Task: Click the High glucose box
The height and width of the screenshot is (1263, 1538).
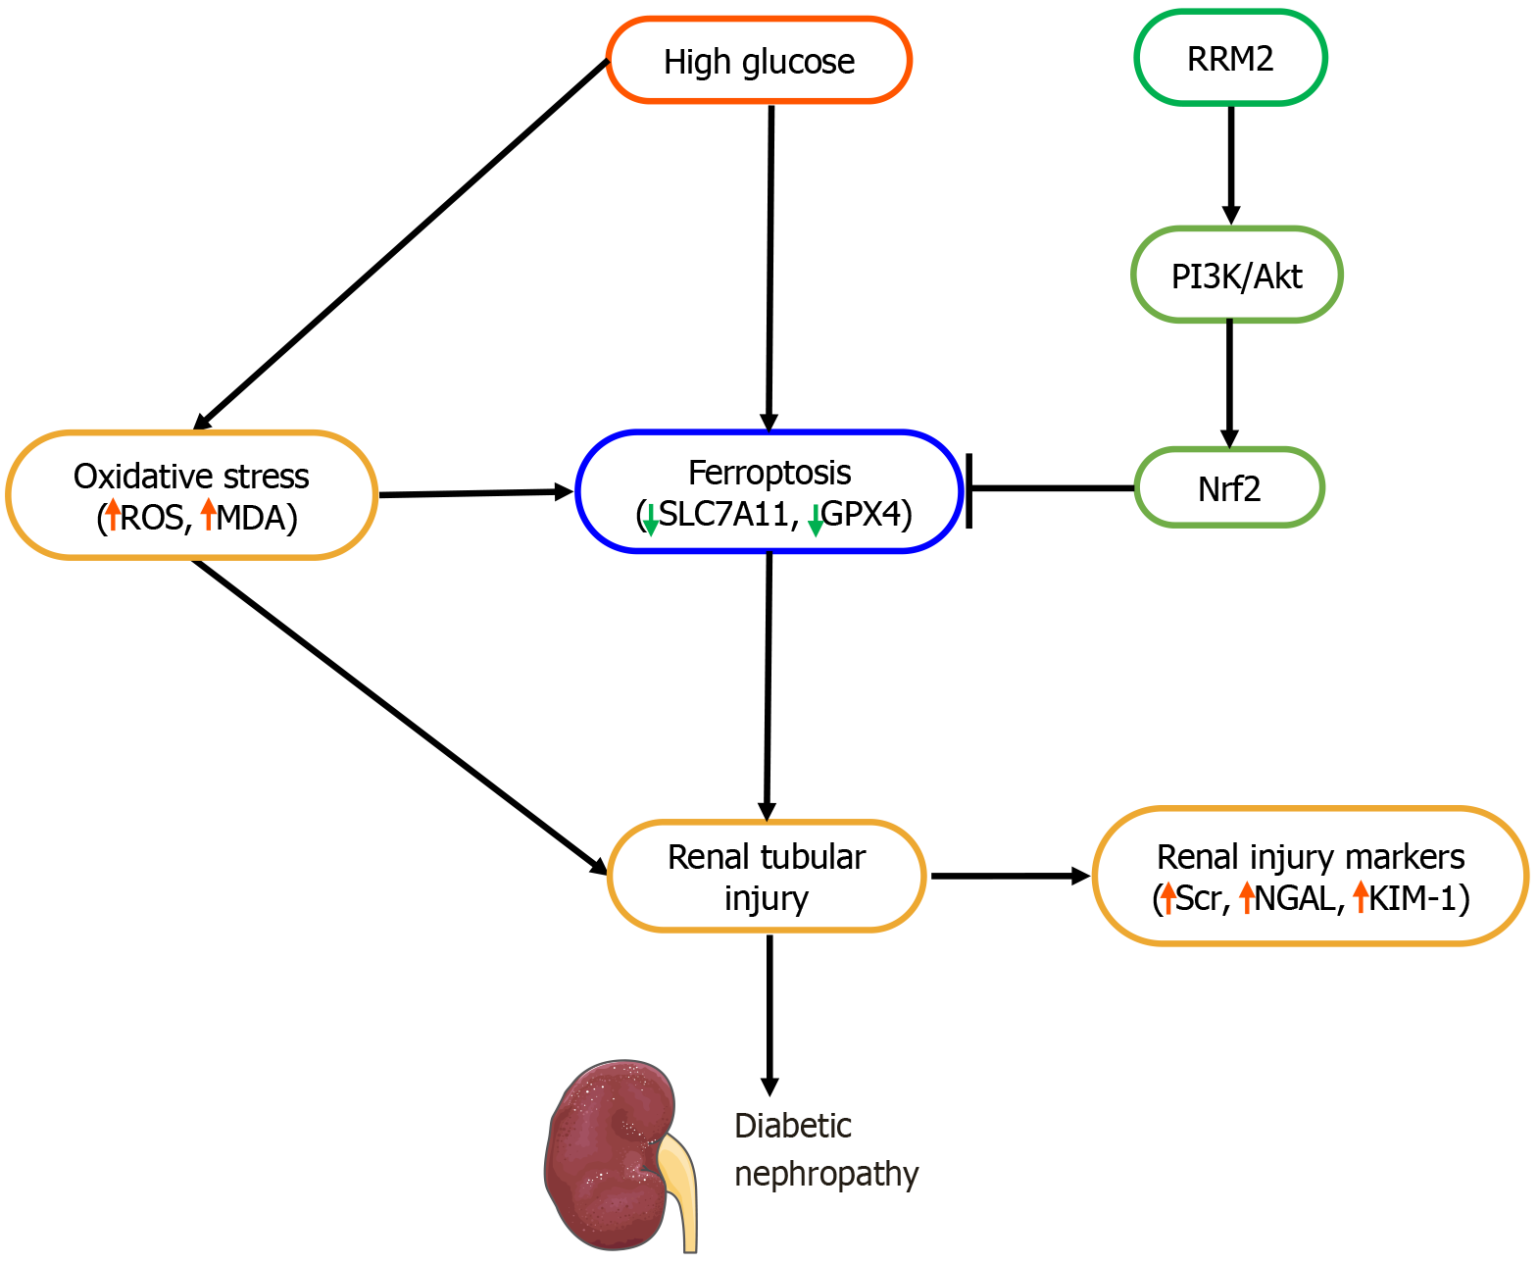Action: [x=759, y=61]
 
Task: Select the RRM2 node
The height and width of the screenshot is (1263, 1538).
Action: [x=1230, y=59]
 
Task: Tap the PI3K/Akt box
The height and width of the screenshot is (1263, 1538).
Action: [x=1236, y=276]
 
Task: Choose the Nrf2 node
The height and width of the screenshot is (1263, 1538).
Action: [x=1229, y=488]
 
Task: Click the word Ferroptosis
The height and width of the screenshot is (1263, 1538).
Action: [x=769, y=473]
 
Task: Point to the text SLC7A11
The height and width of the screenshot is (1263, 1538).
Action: [x=721, y=514]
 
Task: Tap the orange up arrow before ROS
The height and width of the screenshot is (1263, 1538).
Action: [x=114, y=514]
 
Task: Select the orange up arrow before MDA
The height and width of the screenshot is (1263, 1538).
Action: [x=208, y=514]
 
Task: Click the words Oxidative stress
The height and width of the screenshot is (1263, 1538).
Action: [x=191, y=477]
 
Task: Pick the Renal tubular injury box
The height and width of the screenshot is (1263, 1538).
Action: [x=767, y=877]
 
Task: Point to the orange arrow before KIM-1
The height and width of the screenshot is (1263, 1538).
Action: [x=1361, y=896]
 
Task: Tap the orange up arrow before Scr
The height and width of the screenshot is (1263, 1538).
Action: [x=1167, y=897]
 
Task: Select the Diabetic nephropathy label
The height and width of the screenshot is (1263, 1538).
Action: [x=825, y=1149]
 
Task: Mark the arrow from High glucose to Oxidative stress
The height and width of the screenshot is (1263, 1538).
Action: [x=402, y=245]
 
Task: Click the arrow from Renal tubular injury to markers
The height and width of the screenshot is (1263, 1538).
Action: [x=1010, y=876]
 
